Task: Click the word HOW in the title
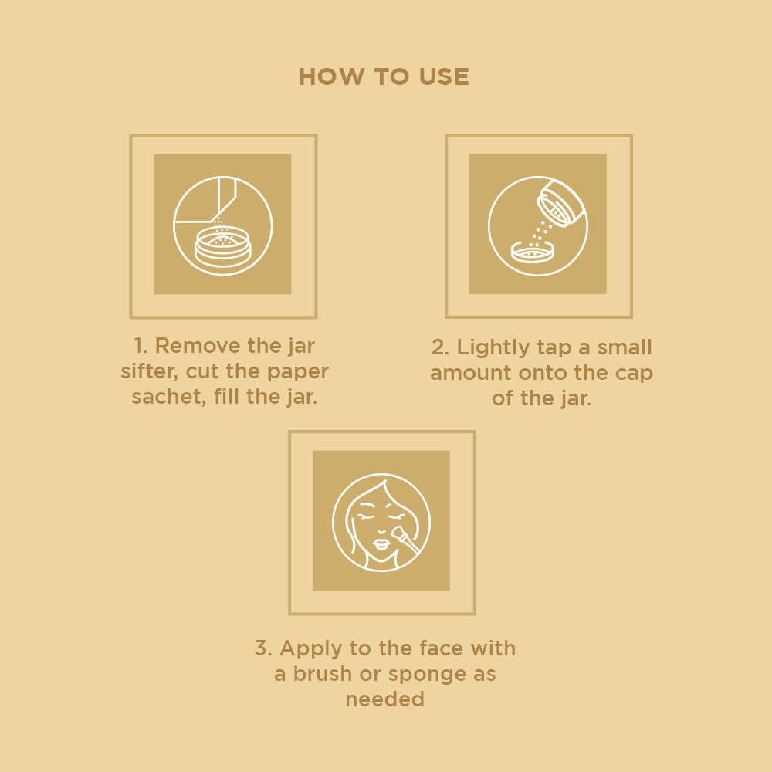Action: pyautogui.click(x=332, y=76)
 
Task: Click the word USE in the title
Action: pyautogui.click(x=444, y=76)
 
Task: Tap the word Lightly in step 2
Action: pyautogui.click(x=493, y=348)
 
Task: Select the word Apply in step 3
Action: pyautogui.click(x=310, y=649)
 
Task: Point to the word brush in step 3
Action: pyautogui.click(x=322, y=674)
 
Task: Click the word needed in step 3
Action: pyautogui.click(x=385, y=699)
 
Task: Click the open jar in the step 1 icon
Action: pyautogui.click(x=222, y=248)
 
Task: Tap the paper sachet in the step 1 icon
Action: pyautogui.click(x=207, y=199)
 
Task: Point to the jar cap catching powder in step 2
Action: pyautogui.click(x=532, y=252)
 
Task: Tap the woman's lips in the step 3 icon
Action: pyautogui.click(x=381, y=544)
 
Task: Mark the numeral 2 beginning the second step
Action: pyautogui.click(x=438, y=347)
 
